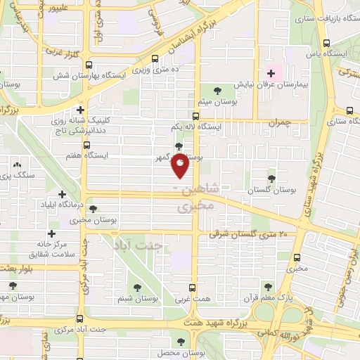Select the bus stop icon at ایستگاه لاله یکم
(196, 117)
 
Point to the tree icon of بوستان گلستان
(271, 179)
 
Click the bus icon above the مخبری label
(297, 257)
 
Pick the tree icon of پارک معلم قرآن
(268, 286)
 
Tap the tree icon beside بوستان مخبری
(94, 208)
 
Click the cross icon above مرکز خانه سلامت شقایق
(51, 233)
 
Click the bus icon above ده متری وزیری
(155, 59)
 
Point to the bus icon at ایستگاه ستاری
(349, 110)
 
